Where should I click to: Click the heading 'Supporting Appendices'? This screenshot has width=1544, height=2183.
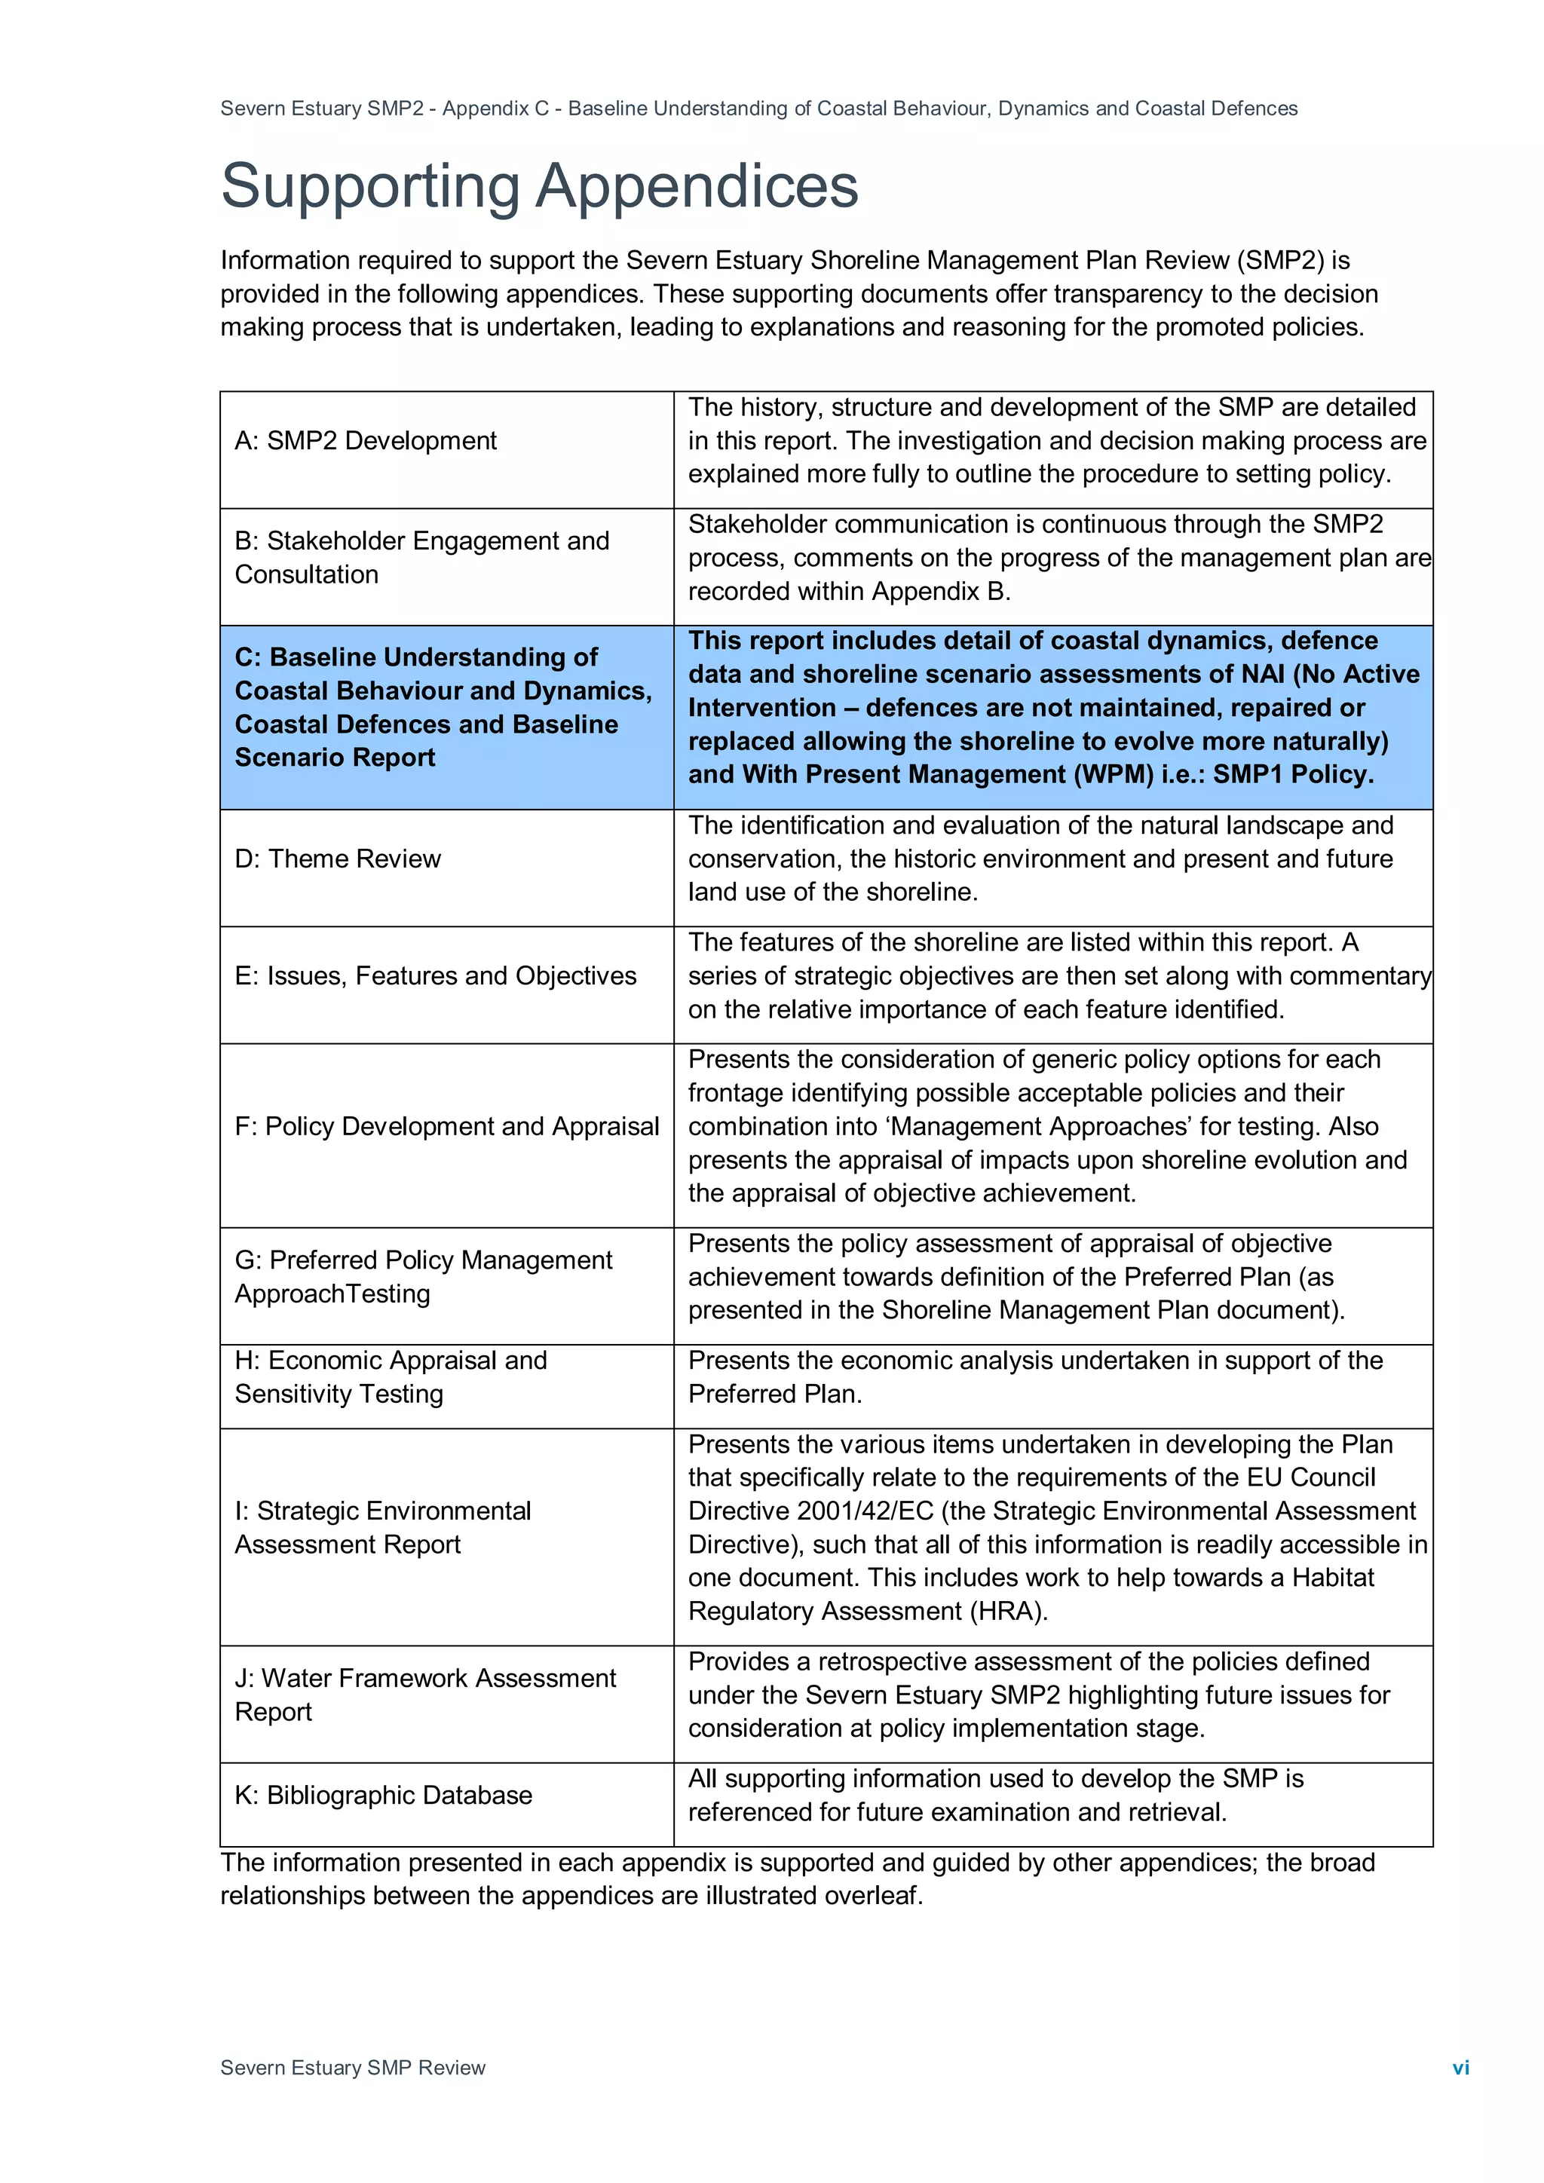tap(539, 185)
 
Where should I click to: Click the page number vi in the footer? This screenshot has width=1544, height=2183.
tap(1460, 2067)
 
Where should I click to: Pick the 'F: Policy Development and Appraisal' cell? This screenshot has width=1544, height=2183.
tap(447, 1127)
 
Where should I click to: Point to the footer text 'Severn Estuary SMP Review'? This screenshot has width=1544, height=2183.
tap(353, 2067)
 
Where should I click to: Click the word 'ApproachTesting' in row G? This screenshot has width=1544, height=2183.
tap(332, 1294)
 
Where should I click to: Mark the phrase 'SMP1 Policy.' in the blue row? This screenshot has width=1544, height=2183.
tap(1293, 774)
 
